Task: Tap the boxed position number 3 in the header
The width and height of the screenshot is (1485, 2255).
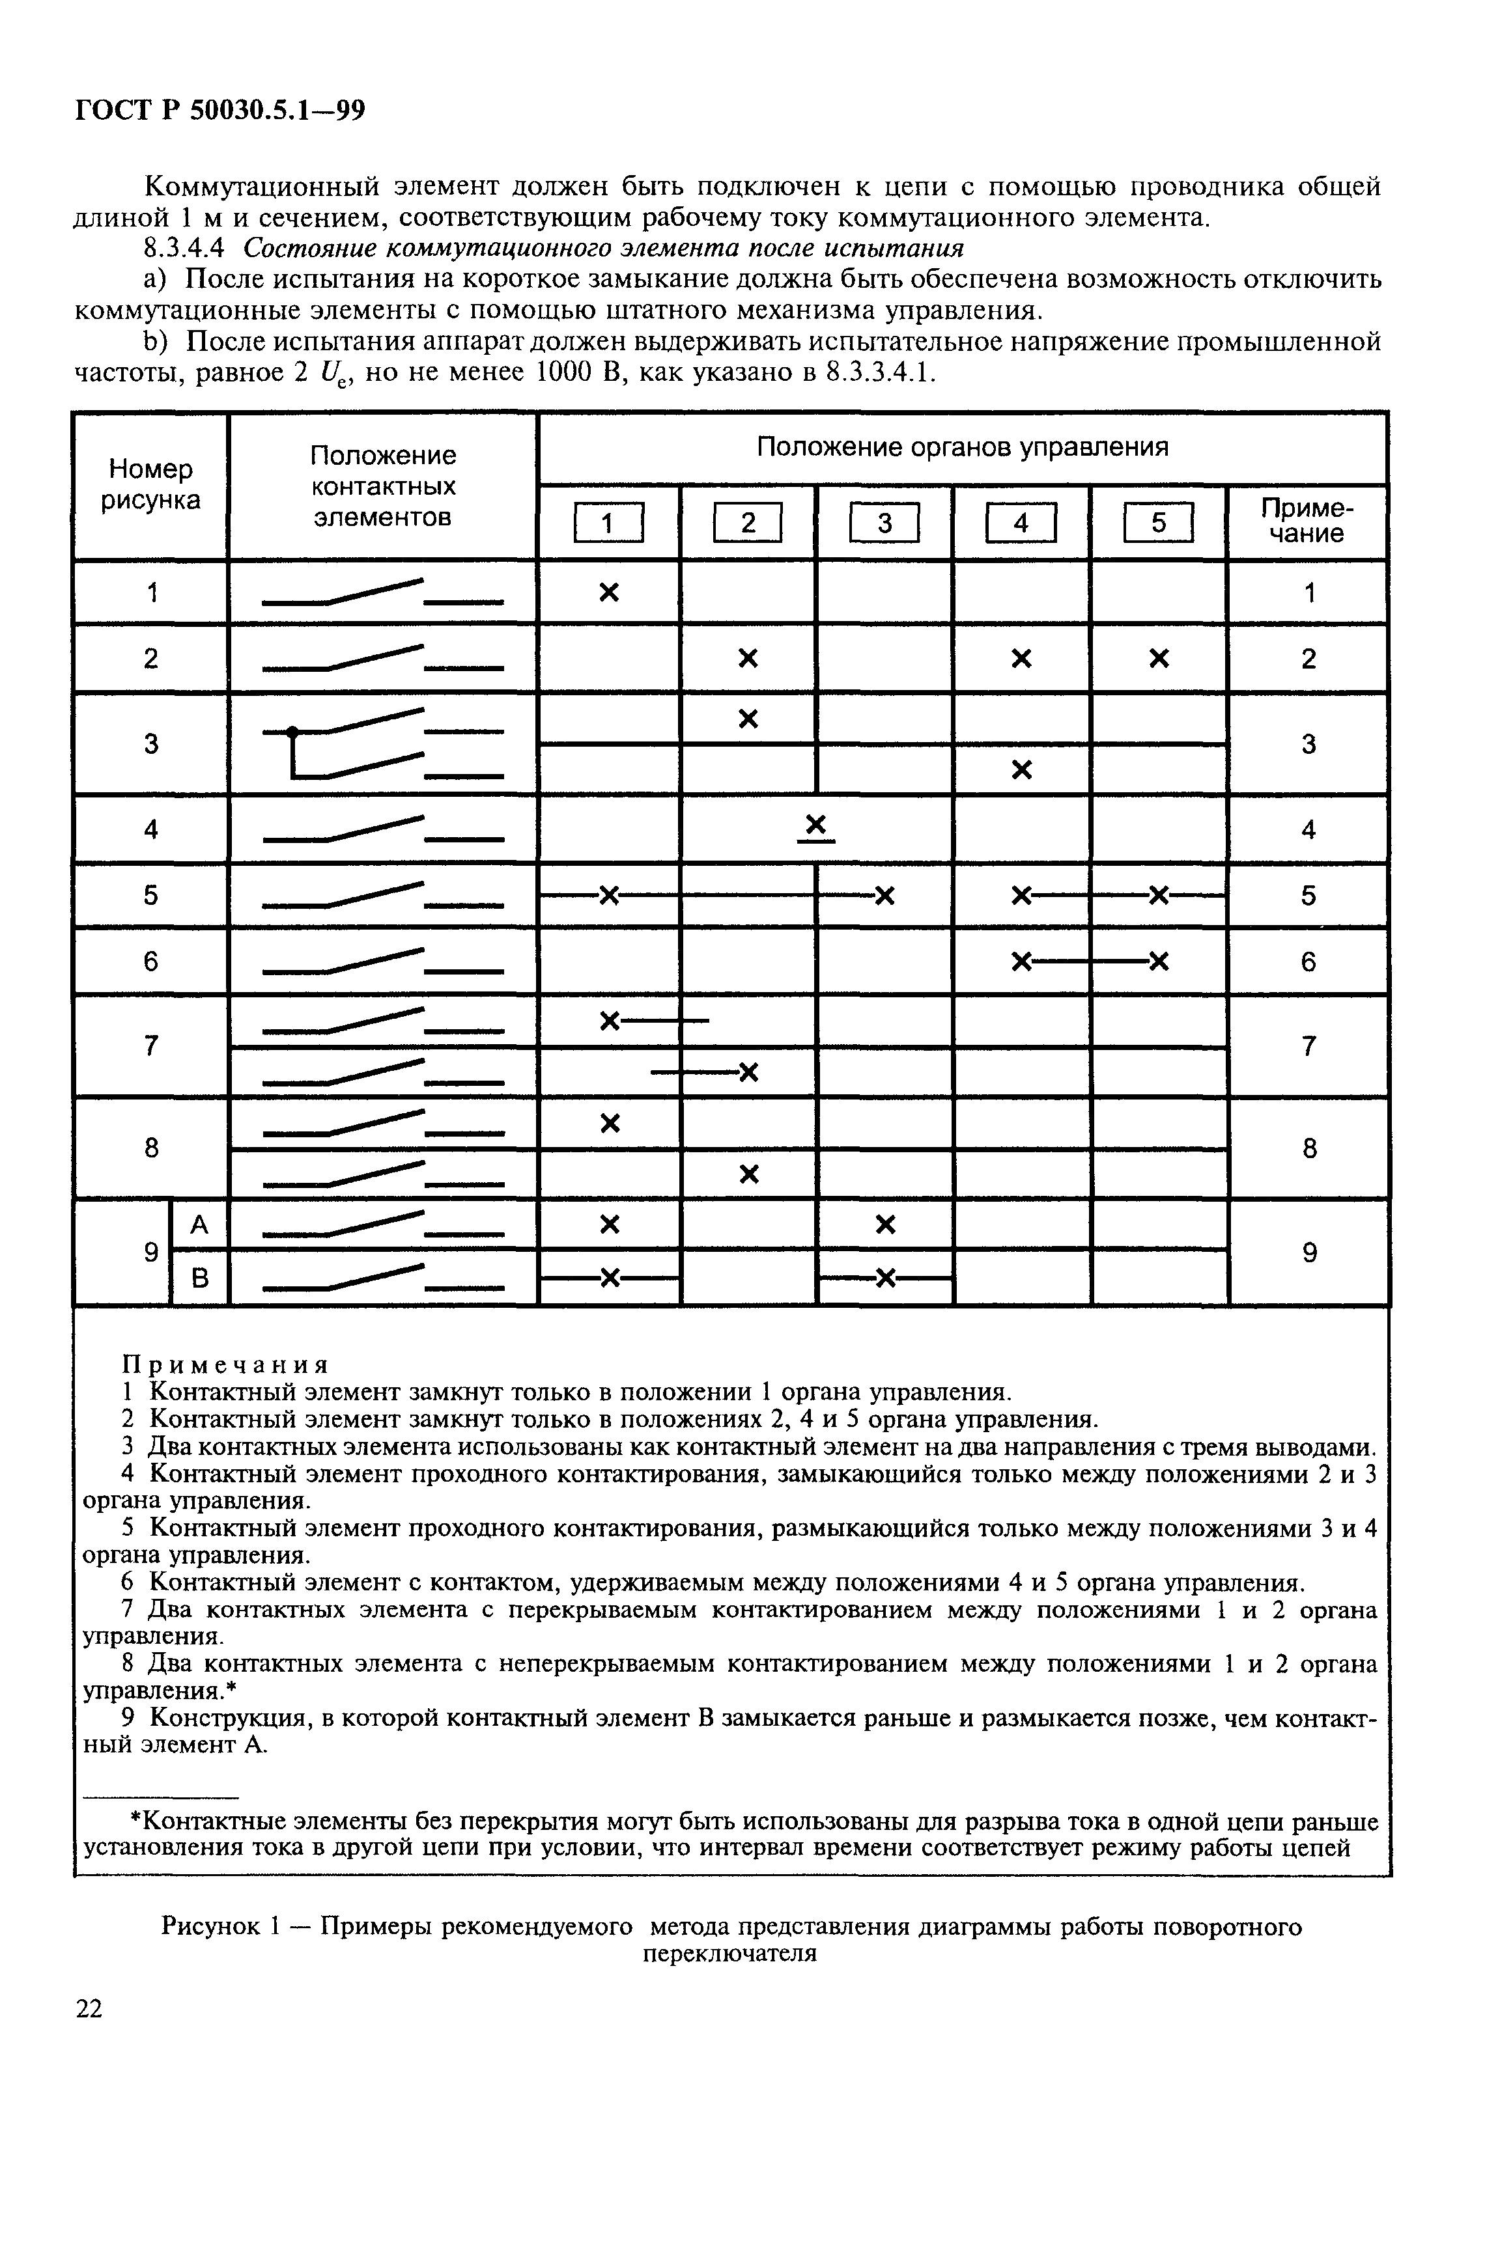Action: click(884, 523)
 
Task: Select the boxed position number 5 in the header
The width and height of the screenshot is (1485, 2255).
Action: click(1158, 523)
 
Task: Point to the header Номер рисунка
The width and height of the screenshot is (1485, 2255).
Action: click(150, 484)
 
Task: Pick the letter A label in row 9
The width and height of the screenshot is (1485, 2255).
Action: click(199, 1225)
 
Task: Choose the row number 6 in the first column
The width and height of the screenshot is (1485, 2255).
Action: click(150, 961)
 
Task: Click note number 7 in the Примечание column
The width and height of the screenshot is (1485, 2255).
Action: click(1308, 1046)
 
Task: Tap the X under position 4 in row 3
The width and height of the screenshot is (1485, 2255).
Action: click(1021, 769)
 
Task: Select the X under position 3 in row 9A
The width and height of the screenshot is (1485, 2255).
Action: click(884, 1225)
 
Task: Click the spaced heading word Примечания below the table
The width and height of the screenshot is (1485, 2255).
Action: click(225, 1364)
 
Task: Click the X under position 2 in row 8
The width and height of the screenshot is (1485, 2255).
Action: click(748, 1175)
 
